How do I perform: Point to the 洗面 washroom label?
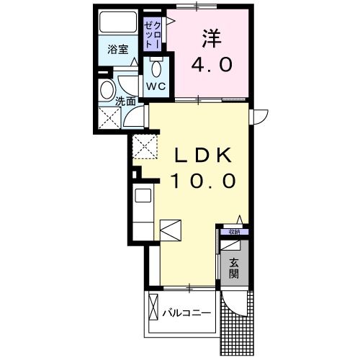click(126, 102)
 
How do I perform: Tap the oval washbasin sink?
click(107, 91)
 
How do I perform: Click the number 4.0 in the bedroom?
click(211, 65)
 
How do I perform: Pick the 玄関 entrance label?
click(235, 269)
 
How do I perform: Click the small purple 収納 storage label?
click(234, 232)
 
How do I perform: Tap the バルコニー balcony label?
click(186, 313)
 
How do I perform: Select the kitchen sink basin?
click(142, 195)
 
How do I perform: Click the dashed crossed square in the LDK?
click(143, 147)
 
